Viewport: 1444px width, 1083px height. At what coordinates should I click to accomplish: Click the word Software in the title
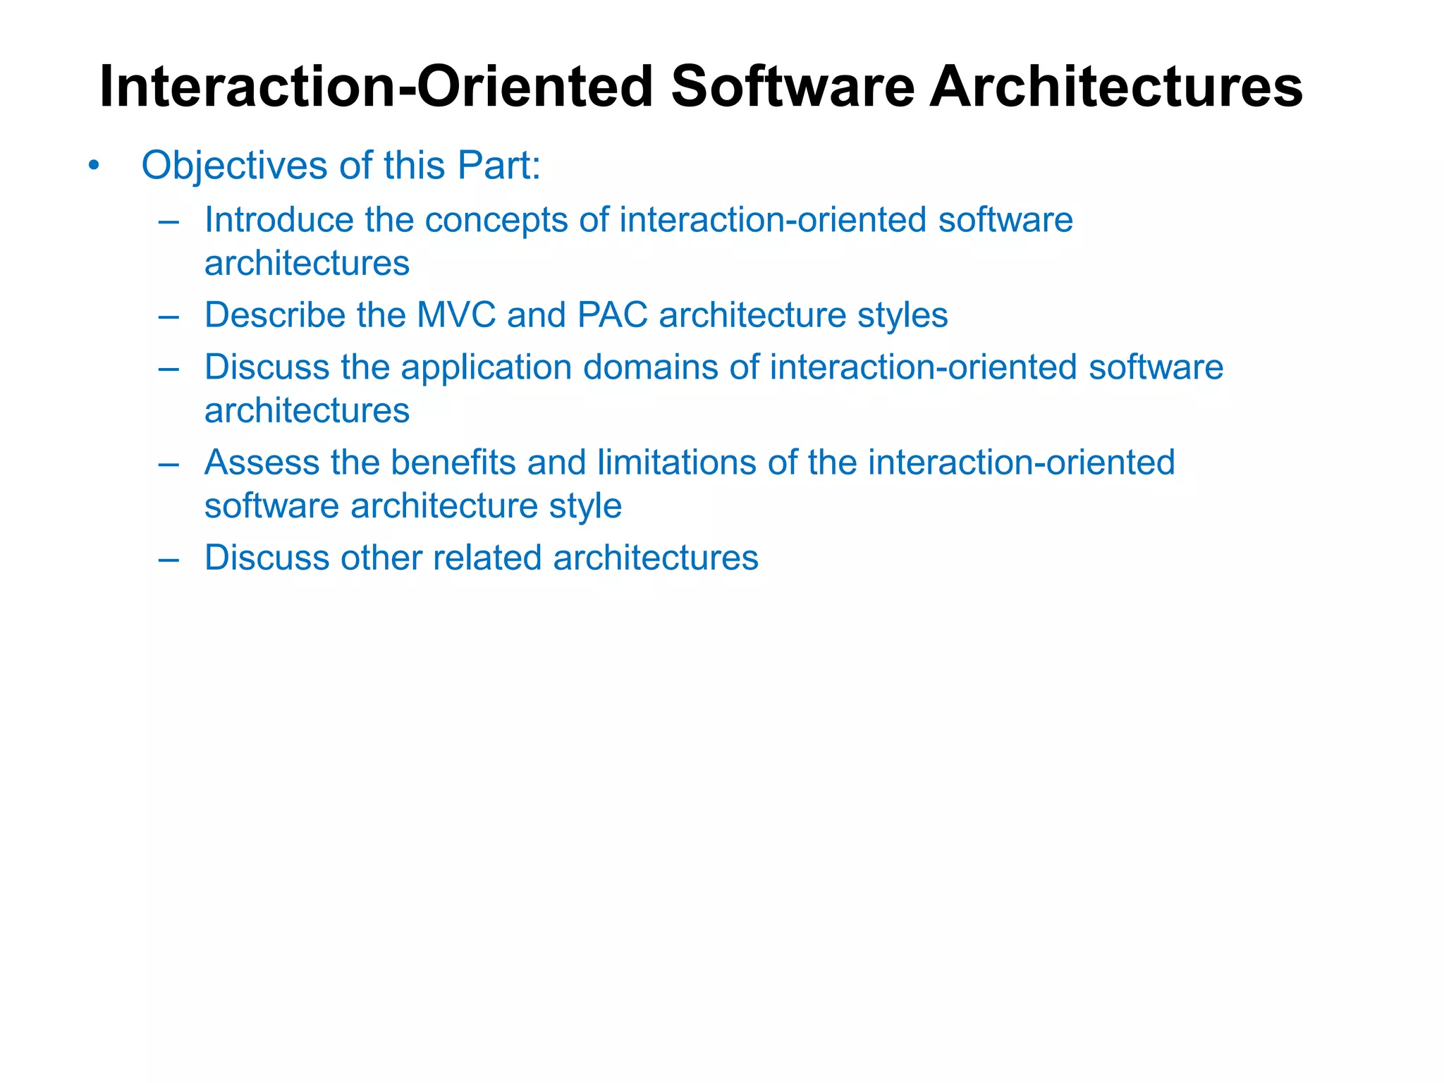pyautogui.click(x=792, y=87)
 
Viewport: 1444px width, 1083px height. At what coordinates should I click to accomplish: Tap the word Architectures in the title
pyautogui.click(x=1115, y=87)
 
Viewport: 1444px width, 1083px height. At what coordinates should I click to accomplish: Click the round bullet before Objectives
pyautogui.click(x=94, y=166)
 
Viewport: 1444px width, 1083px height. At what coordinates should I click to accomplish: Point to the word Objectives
pyautogui.click(x=234, y=166)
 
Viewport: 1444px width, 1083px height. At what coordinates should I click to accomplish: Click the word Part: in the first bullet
pyautogui.click(x=498, y=166)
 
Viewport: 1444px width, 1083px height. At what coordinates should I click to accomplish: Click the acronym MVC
pyautogui.click(x=456, y=315)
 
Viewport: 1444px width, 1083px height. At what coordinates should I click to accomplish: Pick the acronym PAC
pyautogui.click(x=612, y=315)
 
